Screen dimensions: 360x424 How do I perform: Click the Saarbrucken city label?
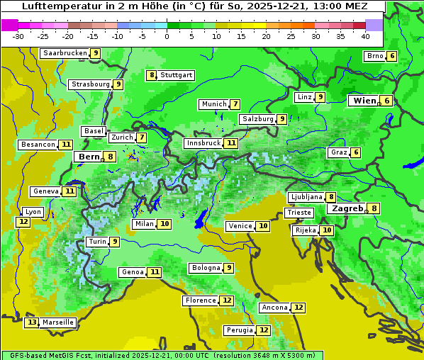(65, 53)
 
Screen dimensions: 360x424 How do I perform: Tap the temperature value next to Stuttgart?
(151, 75)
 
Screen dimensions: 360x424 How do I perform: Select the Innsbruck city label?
(203, 143)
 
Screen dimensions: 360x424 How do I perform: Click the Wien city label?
(365, 101)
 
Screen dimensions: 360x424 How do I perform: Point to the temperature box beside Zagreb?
(374, 208)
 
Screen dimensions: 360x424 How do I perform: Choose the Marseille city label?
(57, 322)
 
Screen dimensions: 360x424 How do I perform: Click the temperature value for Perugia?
(264, 330)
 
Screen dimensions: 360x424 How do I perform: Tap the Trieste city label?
(298, 213)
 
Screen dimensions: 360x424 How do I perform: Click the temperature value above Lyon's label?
(23, 222)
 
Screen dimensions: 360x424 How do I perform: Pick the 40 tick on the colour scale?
(365, 36)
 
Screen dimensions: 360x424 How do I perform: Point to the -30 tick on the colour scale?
(18, 36)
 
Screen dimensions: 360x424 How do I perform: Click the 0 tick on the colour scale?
(167, 36)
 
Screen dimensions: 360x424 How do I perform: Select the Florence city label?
(200, 300)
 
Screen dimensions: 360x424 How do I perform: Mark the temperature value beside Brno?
(392, 57)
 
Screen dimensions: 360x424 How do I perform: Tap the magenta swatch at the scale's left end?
(10, 25)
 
